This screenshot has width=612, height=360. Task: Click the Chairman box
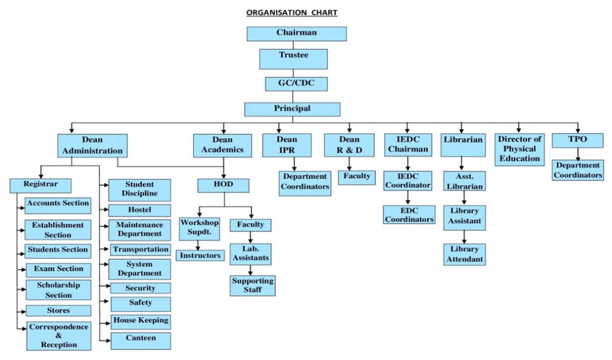(x=296, y=33)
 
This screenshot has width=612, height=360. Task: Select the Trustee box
(x=293, y=59)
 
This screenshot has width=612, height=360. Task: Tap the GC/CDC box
(x=296, y=84)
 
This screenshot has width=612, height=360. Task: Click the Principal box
(x=292, y=109)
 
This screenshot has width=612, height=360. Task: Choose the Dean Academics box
(x=223, y=145)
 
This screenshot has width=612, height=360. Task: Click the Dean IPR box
(x=286, y=145)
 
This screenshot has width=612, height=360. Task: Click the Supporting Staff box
(x=253, y=285)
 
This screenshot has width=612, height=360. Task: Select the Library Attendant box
(x=464, y=254)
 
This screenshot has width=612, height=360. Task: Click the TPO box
(x=577, y=140)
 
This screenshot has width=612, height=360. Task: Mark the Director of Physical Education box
(x=519, y=149)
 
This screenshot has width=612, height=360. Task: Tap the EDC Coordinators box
(x=409, y=215)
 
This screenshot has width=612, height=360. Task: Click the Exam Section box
(x=58, y=270)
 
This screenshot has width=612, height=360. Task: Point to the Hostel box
(x=139, y=210)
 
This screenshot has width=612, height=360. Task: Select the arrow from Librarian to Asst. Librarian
(x=462, y=164)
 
